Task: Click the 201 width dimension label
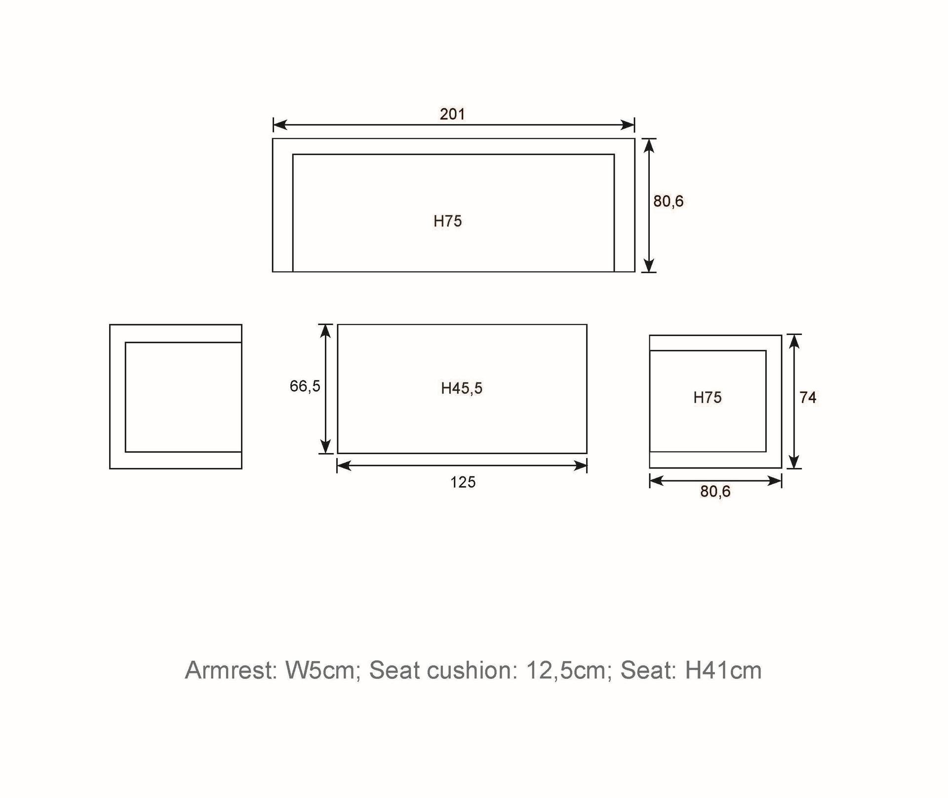[x=452, y=114]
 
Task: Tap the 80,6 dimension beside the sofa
[x=668, y=201]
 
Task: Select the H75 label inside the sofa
[x=447, y=221]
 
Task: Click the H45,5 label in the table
[x=462, y=388]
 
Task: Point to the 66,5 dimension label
[x=305, y=386]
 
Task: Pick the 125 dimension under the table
[x=463, y=482]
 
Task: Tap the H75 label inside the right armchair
[x=707, y=397]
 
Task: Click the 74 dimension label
[x=808, y=397]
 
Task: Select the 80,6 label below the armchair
[x=715, y=492]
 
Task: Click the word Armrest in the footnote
[x=231, y=671]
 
